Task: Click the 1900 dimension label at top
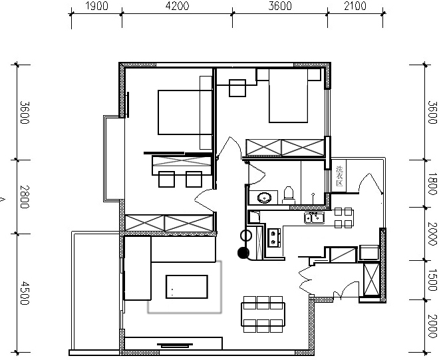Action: (96, 6)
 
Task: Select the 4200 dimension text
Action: (177, 6)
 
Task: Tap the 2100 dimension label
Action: (355, 6)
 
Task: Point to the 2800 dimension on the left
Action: (25, 197)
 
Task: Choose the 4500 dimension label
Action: (25, 293)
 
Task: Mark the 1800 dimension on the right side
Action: (432, 184)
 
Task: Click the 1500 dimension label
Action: (432, 280)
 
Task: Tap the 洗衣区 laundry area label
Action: (339, 176)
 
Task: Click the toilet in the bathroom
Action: (289, 195)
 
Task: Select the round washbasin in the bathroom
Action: (263, 198)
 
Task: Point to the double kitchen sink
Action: (315, 218)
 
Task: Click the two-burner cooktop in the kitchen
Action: (274, 238)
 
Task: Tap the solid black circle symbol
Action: (243, 253)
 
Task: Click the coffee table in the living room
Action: (187, 287)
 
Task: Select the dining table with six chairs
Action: (263, 314)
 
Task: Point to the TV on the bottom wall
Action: (175, 345)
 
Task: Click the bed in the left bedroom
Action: (185, 112)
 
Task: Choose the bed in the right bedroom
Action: (289, 96)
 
